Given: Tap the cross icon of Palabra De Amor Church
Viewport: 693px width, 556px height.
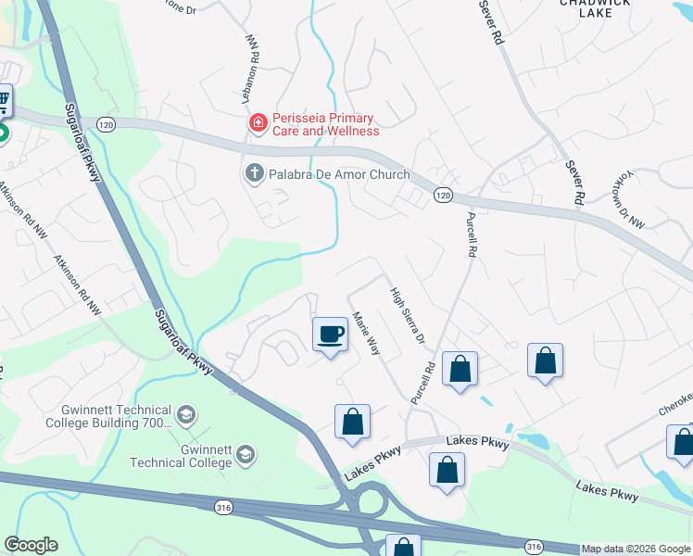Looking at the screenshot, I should (x=254, y=173).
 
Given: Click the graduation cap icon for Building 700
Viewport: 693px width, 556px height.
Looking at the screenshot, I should (x=186, y=412).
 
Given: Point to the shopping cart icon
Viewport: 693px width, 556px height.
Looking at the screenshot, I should (x=3, y=100).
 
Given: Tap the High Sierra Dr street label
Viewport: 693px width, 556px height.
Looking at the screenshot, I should (x=406, y=315).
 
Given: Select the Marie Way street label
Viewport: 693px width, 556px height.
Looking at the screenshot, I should (x=367, y=333).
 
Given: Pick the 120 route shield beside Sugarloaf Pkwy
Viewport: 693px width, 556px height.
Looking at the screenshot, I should (x=108, y=123).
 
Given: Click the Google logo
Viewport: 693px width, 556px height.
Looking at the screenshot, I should (x=31, y=545).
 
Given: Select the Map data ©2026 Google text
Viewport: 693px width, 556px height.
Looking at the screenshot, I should (x=636, y=550).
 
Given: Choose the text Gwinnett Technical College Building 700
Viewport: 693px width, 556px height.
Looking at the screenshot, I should (x=107, y=416).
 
